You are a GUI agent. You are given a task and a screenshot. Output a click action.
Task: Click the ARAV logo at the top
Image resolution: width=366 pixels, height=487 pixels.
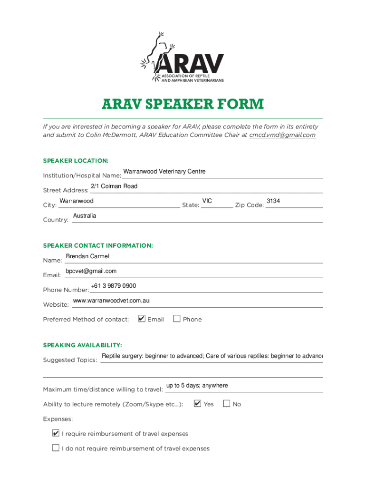point(183,57)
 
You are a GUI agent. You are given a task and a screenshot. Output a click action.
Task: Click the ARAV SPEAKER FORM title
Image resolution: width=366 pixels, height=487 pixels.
point(183,104)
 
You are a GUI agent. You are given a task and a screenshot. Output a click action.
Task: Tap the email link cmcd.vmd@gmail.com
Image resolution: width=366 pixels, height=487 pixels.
point(282,135)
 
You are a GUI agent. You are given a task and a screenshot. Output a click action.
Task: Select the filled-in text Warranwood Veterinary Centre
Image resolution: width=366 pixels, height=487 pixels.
point(164,172)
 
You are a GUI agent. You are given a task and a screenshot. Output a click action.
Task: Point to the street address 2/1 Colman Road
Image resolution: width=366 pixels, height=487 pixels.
point(114,186)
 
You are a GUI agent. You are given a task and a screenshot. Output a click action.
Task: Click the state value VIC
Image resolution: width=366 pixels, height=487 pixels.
point(207,201)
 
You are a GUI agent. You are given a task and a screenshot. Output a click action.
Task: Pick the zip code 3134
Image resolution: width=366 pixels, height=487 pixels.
point(273,201)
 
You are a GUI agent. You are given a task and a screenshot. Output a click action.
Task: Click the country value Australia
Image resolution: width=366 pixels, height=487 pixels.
point(85,216)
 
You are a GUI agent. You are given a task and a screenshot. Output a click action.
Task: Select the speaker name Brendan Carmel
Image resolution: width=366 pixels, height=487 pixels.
point(87,256)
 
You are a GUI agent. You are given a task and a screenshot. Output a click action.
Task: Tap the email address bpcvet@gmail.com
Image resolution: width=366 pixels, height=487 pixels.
point(91,271)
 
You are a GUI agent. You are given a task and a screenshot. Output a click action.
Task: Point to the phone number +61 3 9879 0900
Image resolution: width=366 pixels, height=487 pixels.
point(113,286)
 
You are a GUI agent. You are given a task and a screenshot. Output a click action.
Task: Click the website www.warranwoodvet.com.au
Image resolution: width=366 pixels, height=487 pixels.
point(111,301)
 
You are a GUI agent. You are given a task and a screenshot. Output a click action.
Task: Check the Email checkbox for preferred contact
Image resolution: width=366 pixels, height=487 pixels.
point(142,319)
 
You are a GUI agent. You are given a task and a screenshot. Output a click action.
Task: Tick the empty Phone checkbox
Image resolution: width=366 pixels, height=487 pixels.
point(177,319)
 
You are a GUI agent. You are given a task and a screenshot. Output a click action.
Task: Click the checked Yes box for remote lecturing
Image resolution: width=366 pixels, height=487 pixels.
point(198,404)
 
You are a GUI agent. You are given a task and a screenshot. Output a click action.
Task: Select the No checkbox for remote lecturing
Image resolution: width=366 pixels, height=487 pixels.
point(226,404)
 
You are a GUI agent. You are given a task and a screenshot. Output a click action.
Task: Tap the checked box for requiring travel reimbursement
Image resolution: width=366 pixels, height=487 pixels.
point(56,433)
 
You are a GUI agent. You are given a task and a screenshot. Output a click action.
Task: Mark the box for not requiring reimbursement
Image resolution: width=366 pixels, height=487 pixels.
point(56,448)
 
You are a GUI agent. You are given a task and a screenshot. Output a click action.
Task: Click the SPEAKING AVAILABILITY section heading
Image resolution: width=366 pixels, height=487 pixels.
point(83,345)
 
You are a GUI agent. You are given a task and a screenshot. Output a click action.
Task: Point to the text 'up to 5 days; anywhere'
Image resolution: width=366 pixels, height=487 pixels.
point(197,386)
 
